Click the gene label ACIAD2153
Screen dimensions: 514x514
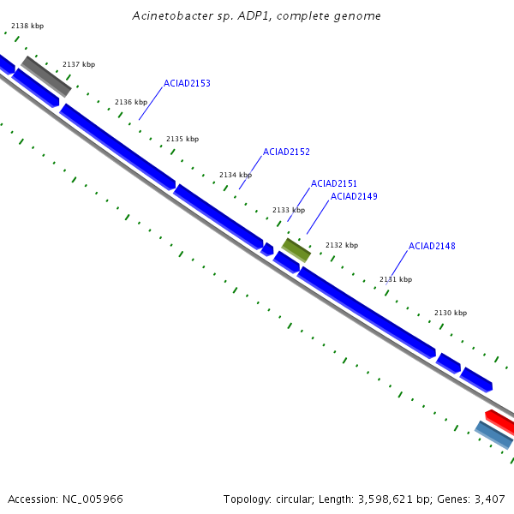(x=187, y=84)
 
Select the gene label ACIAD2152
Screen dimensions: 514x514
(x=286, y=152)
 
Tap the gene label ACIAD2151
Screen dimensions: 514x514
(x=334, y=184)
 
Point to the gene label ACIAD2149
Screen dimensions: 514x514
(x=354, y=197)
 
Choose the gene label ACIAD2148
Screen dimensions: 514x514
(x=432, y=247)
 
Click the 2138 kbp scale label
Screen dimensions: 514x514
(x=27, y=27)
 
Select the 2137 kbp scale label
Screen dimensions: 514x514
(x=79, y=65)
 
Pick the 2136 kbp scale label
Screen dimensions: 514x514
(x=131, y=103)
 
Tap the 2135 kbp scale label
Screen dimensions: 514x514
(x=182, y=140)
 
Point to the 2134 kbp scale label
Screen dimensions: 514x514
(x=236, y=176)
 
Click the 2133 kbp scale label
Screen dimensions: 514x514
(x=289, y=211)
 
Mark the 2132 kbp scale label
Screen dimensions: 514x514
(x=342, y=246)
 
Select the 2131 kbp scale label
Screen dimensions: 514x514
(x=396, y=280)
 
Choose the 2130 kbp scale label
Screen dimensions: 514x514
(x=451, y=314)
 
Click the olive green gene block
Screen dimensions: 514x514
(x=296, y=250)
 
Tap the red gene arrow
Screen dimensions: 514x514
(x=501, y=421)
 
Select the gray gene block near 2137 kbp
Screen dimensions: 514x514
(x=46, y=76)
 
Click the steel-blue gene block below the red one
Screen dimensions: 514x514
(x=494, y=435)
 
